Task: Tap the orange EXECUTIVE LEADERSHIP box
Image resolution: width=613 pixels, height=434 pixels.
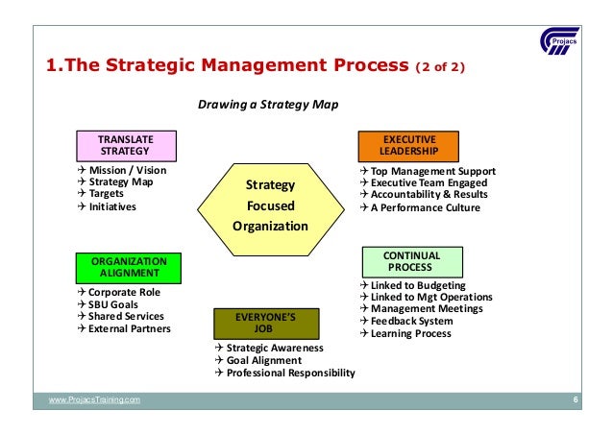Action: click(409, 145)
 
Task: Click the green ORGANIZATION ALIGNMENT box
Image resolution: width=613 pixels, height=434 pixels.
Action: click(129, 266)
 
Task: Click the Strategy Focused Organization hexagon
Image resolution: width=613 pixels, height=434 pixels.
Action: click(270, 205)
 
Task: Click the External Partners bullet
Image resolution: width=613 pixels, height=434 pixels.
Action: click(129, 328)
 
